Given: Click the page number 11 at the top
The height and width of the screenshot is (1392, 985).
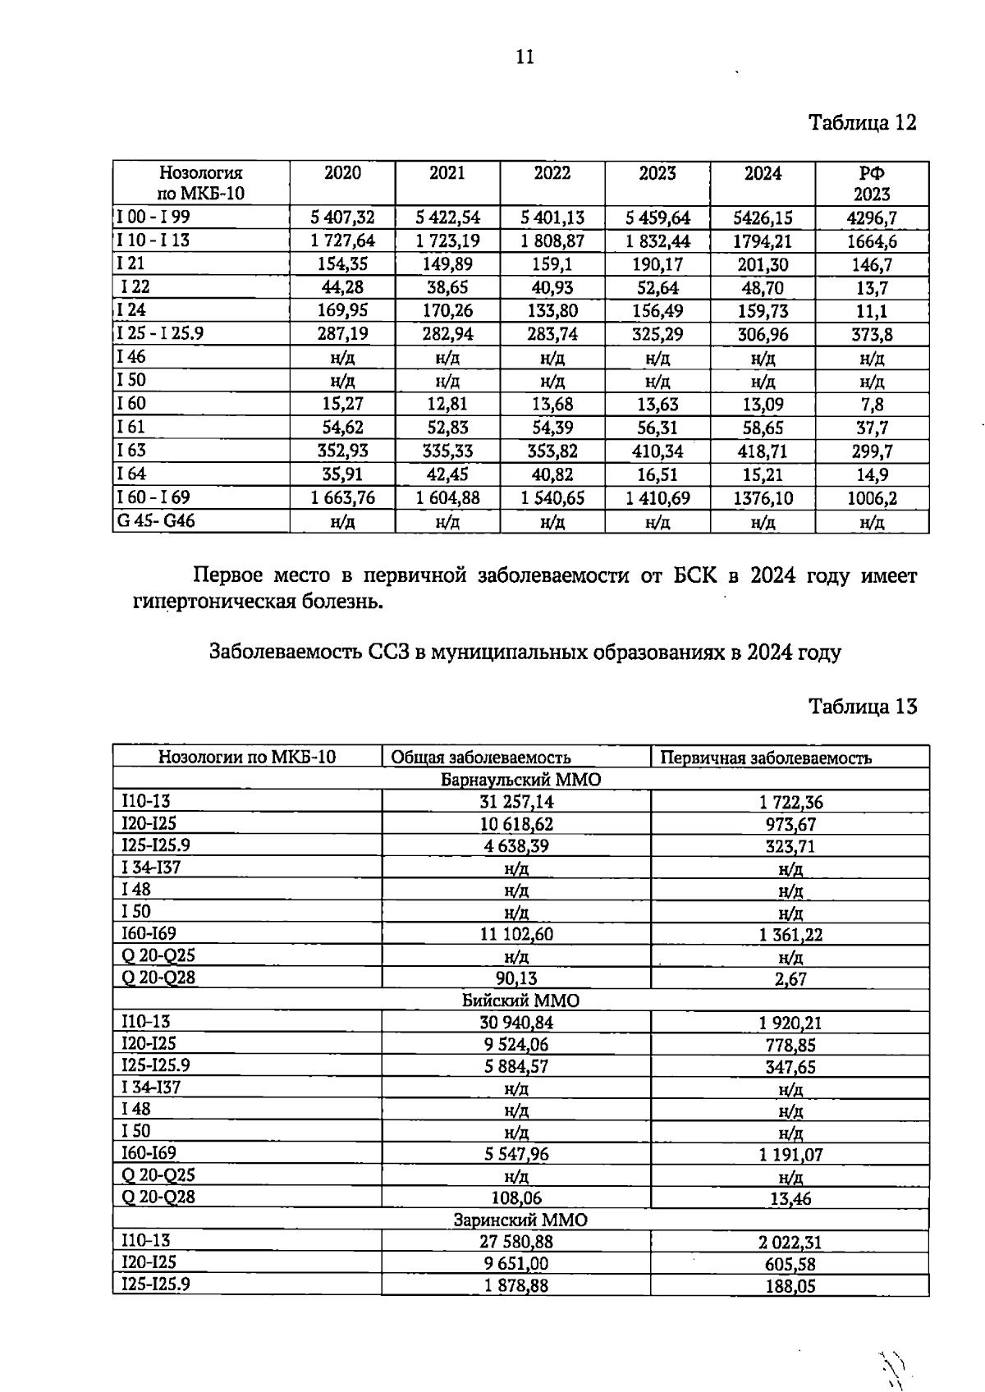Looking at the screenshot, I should [x=525, y=57].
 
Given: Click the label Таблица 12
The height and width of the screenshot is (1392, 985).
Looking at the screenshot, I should [x=862, y=123].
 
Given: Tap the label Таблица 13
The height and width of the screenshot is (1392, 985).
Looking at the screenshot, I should [x=862, y=707].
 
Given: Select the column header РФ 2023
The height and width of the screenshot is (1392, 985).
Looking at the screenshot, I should [x=872, y=184].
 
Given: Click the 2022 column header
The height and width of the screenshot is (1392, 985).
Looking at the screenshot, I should [x=552, y=173].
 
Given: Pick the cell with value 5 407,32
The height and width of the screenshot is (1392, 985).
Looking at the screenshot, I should [x=342, y=217].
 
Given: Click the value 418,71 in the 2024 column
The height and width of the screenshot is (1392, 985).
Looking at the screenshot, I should [x=763, y=451].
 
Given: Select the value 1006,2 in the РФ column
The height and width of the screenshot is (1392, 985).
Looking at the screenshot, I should [x=872, y=498].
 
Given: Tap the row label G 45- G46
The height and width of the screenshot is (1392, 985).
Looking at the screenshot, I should [x=157, y=521].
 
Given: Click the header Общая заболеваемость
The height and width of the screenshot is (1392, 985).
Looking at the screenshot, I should [x=480, y=758].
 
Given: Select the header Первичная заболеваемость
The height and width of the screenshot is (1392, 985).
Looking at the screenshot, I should [x=766, y=758].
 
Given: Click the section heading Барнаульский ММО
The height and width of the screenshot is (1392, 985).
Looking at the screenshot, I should [x=520, y=780].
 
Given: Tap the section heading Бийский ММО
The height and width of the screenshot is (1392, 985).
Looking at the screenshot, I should [x=520, y=1000].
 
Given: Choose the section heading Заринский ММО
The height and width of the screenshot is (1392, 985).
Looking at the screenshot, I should [x=520, y=1220].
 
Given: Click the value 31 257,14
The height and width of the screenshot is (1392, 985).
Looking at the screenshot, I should [x=516, y=802].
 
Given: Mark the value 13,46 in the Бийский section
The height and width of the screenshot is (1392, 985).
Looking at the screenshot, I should [x=790, y=1199].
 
